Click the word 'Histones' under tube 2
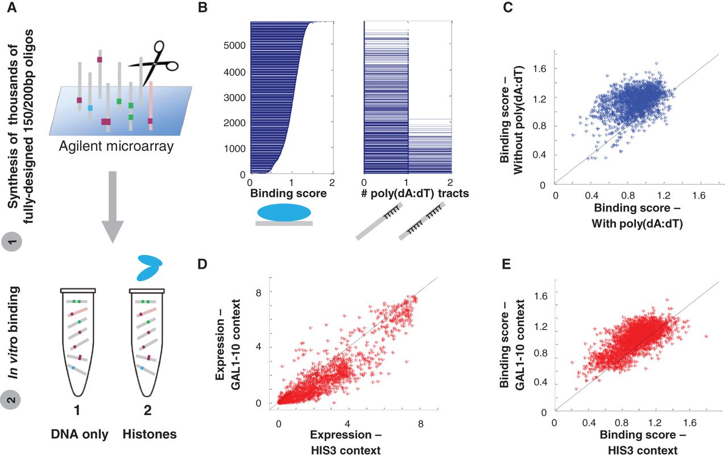150,435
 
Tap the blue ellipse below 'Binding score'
284,212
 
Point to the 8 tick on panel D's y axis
265,292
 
